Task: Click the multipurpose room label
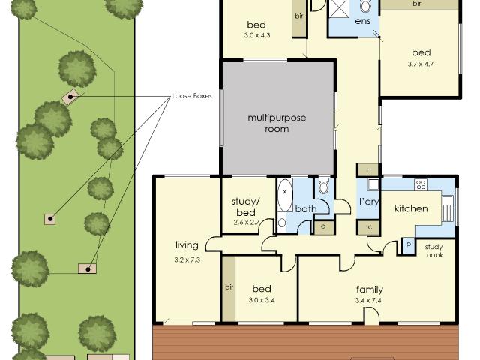pos(277,123)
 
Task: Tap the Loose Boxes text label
pos(192,96)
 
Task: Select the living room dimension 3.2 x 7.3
pos(187,260)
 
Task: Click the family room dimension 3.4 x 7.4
pos(368,300)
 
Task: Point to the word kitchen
pos(411,208)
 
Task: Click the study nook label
pos(434,250)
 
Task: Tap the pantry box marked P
pos(408,245)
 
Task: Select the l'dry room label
pos(369,202)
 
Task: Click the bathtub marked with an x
pos(285,195)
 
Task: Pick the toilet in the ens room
pos(365,6)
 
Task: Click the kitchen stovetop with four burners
pos(421,185)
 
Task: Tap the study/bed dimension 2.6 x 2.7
pos(247,223)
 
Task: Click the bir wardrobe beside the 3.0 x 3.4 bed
pos(229,288)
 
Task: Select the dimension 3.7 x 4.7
pos(421,64)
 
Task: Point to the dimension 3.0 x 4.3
pos(257,35)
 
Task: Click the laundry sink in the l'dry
pos(373,184)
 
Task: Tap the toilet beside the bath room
pos(323,185)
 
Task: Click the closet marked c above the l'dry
pos(368,170)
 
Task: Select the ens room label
pos(363,21)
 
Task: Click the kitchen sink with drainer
pos(447,208)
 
